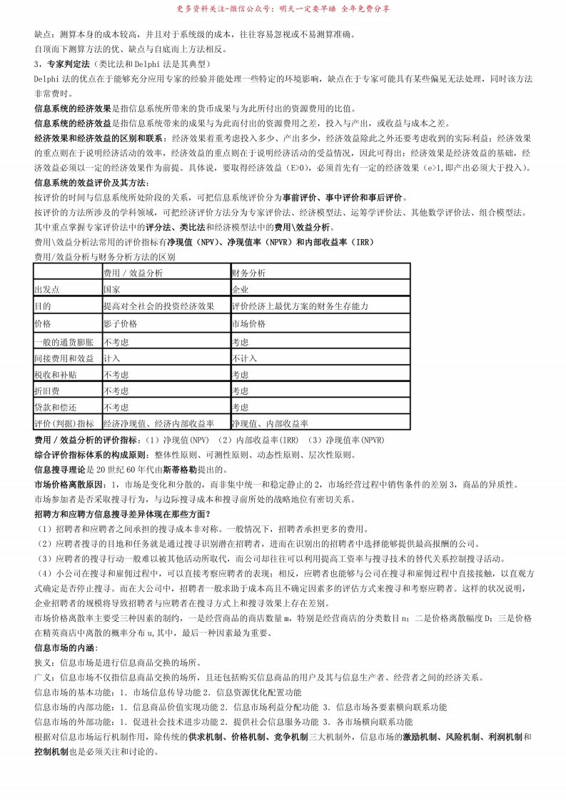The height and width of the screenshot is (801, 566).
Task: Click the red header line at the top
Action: [x=283, y=9]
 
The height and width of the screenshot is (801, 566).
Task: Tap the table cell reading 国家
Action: [x=111, y=289]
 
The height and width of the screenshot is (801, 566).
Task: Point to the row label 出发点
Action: [x=47, y=289]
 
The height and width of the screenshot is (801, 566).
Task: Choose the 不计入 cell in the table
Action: [x=243, y=358]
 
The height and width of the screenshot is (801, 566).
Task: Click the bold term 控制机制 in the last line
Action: [x=51, y=752]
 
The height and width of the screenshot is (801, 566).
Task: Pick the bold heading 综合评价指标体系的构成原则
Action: [x=90, y=455]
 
